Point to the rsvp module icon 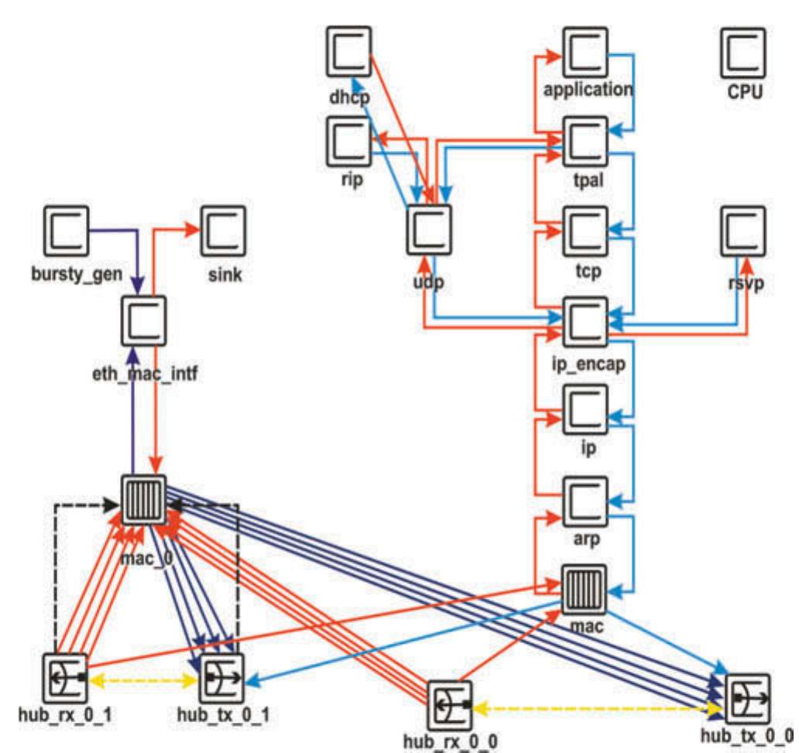[743, 230]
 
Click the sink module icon [224, 229]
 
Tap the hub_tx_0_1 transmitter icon [223, 679]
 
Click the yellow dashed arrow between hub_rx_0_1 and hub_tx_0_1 [144, 681]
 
